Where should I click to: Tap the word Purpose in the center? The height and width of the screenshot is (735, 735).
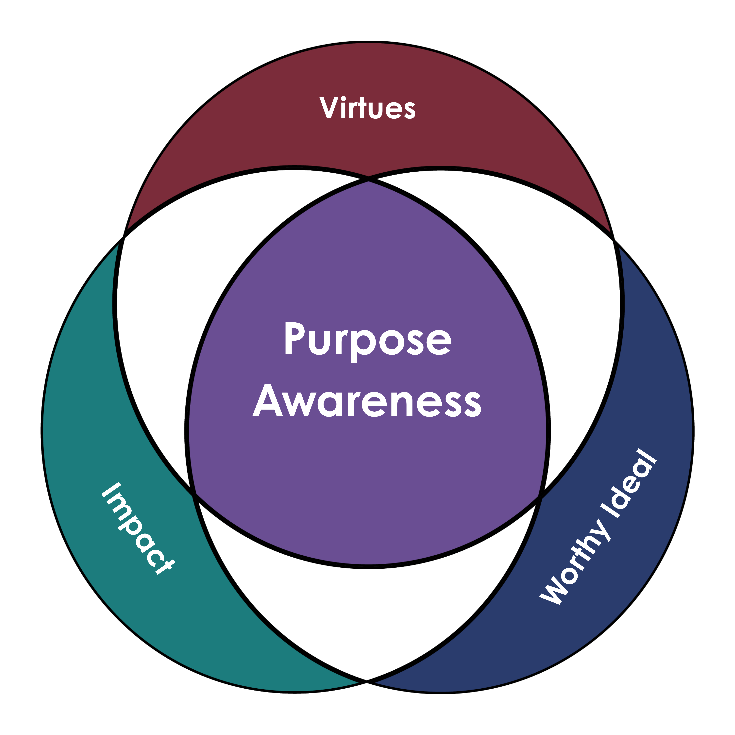[x=367, y=340]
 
